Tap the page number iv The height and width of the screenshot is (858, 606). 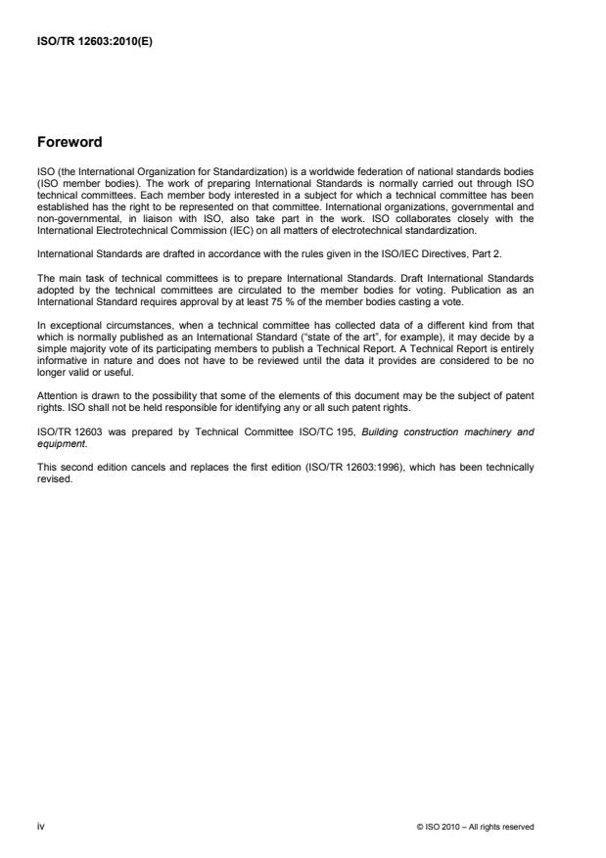click(40, 827)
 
